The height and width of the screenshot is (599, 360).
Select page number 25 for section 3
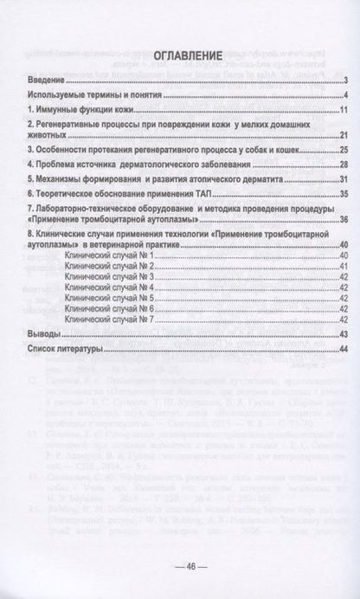[x=343, y=150]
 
